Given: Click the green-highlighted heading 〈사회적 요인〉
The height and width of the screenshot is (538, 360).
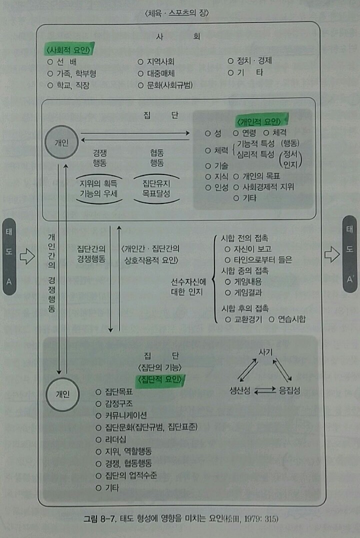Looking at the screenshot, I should point(70,50).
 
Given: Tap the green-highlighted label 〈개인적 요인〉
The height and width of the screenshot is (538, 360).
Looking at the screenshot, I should point(262,121).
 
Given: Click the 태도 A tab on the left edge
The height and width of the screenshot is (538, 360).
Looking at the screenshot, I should point(9,255).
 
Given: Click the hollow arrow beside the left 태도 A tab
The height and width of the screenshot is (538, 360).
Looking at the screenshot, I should point(26,256).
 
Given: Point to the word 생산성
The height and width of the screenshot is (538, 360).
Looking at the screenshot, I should point(240,391).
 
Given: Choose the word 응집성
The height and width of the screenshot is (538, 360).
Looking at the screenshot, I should point(290,391).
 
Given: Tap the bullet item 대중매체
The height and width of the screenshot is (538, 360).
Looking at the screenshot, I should point(159,73).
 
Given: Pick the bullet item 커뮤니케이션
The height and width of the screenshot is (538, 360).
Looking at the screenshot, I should point(126,415).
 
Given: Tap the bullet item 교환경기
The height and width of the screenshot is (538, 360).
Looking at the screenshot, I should point(246,319).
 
